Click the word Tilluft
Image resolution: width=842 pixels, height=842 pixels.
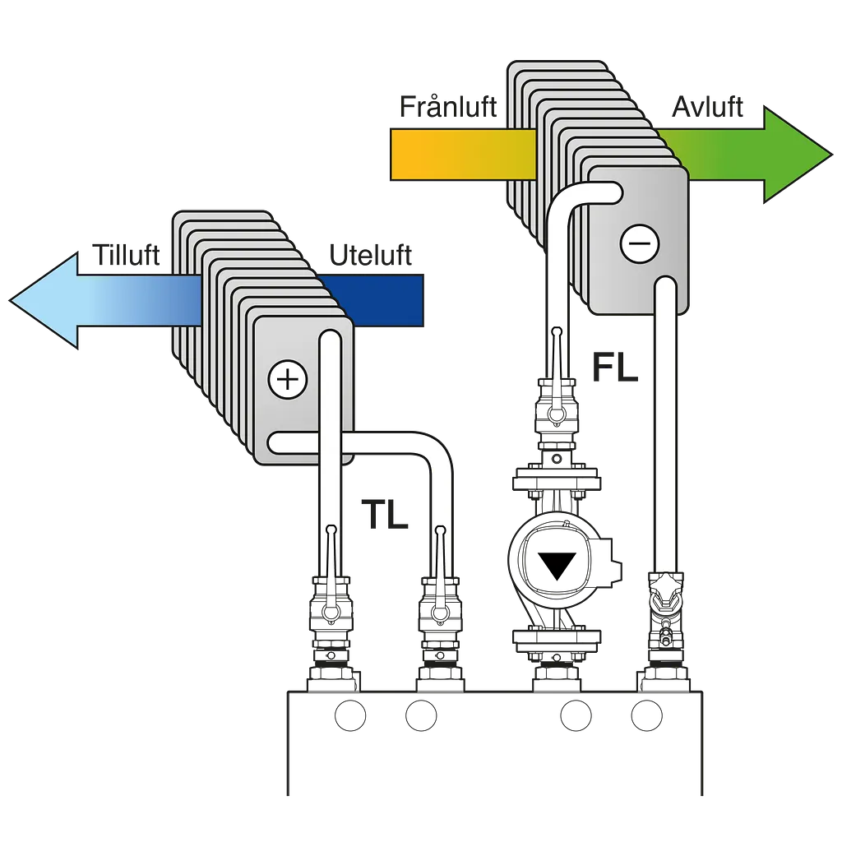126,255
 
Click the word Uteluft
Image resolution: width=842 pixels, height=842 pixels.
371,255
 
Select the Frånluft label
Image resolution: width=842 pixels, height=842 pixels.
448,106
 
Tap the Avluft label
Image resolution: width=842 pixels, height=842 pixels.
707,107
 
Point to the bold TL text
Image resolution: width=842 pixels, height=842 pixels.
385,515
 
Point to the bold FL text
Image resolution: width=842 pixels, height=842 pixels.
615,368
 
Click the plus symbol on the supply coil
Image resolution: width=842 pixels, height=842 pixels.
287,380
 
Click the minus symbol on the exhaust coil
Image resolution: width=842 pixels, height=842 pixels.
639,243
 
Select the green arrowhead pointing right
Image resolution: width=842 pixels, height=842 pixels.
795,155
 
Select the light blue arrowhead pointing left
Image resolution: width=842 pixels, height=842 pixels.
46,301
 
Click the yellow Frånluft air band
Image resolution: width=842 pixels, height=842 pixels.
463,154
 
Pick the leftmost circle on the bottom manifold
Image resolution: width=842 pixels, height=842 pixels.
350,715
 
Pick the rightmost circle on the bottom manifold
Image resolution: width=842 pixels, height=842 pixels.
646,715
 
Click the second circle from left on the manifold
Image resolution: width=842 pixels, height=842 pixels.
421,715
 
